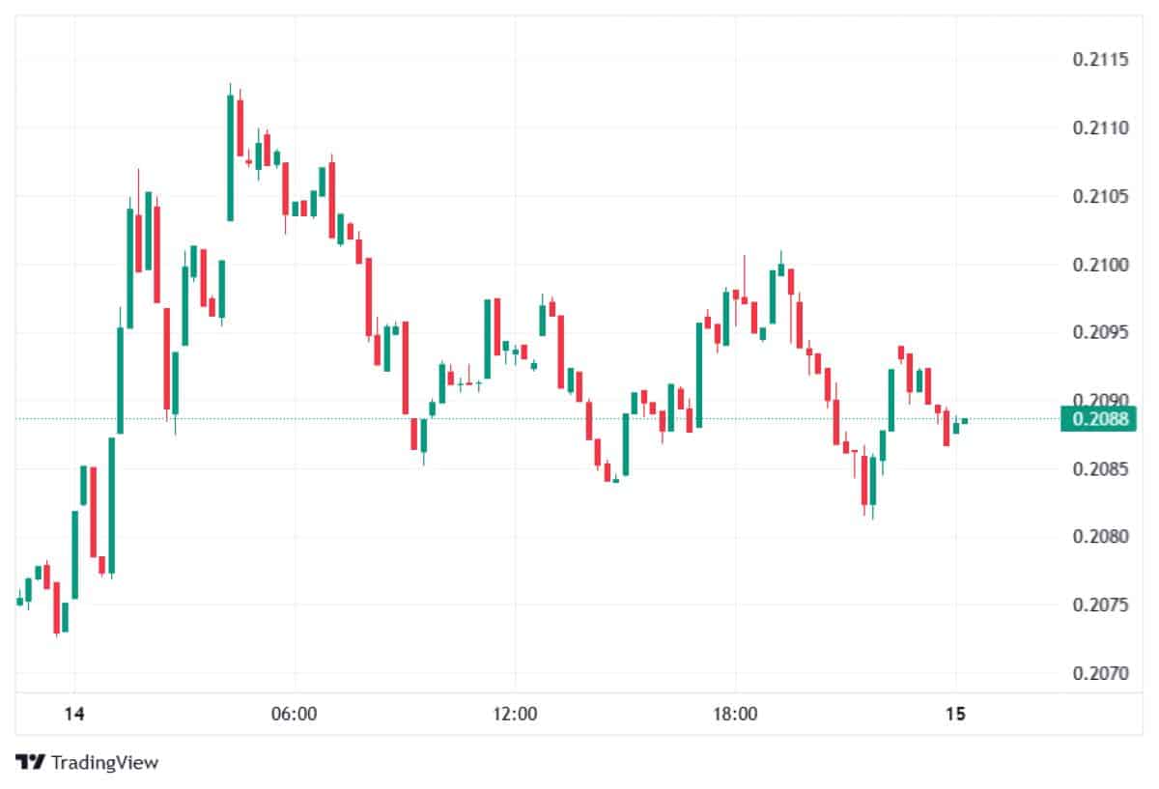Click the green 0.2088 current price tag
(x=1099, y=418)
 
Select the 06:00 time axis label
(x=295, y=715)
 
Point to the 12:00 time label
(x=515, y=715)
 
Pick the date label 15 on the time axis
(x=955, y=715)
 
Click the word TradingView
(x=104, y=763)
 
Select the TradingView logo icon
(x=32, y=762)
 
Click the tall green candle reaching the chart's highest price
(x=230, y=155)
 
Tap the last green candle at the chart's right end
(x=964, y=420)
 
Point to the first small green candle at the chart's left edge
(x=19, y=601)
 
